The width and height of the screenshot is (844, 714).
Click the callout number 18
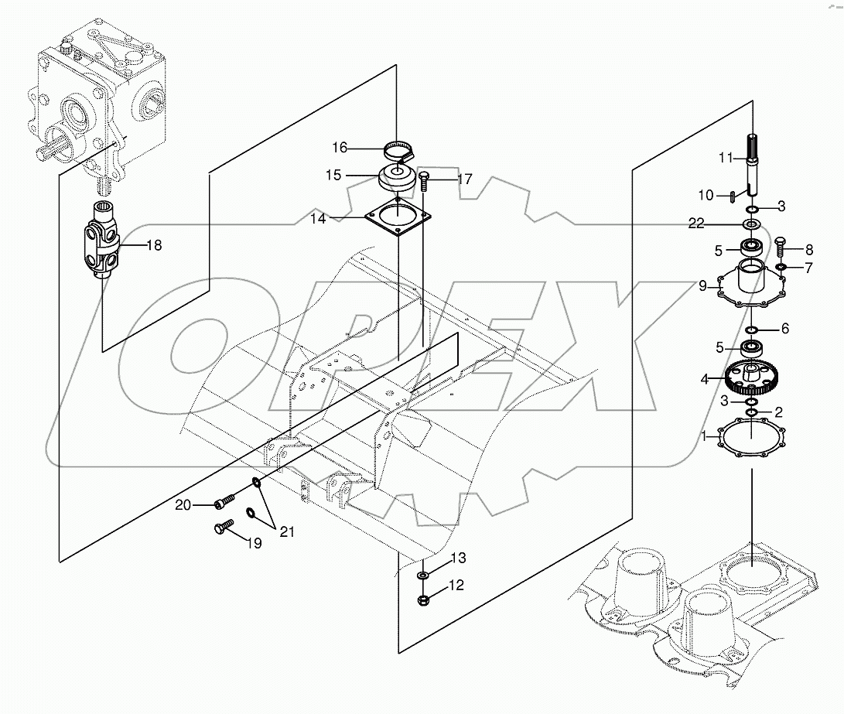coord(153,245)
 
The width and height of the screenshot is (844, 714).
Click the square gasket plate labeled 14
coord(396,218)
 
